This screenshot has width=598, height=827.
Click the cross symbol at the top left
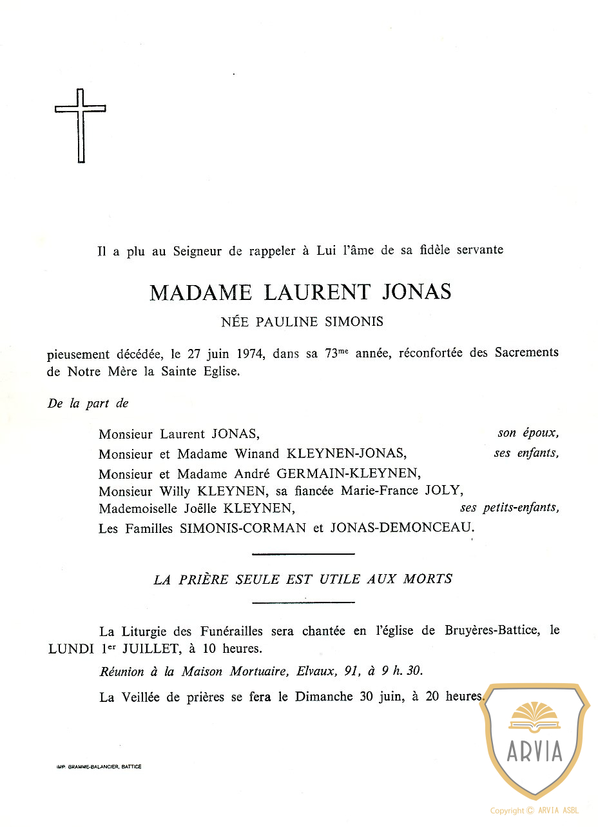[80, 125]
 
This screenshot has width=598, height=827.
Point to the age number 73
[333, 354]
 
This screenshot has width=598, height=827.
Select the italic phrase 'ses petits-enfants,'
[509, 508]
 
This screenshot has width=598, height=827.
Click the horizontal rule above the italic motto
[303, 553]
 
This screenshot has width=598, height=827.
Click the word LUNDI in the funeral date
[72, 649]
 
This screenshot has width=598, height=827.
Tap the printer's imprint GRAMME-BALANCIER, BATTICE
[99, 766]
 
